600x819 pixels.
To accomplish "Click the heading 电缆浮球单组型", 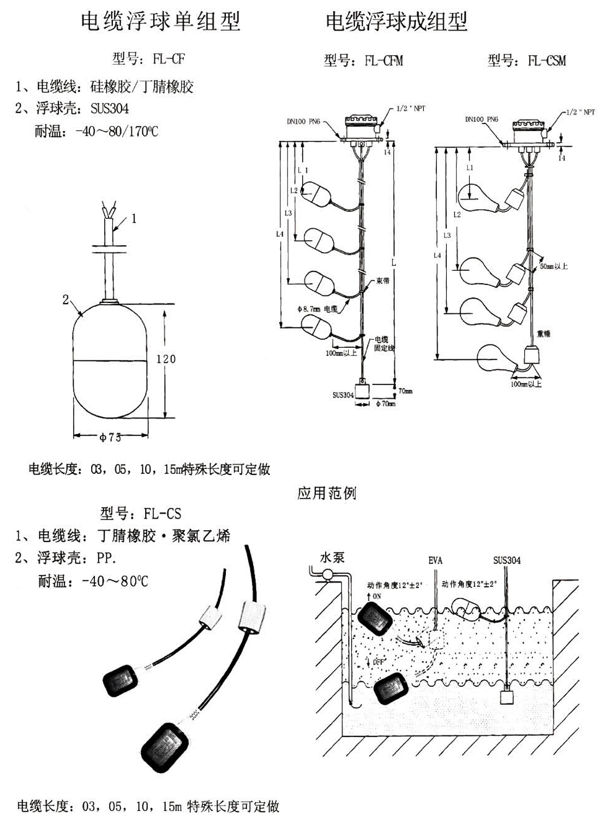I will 160,21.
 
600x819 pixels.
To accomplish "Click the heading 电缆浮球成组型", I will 397,21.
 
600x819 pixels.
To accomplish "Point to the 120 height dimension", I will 166,359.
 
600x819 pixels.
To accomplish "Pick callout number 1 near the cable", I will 134,218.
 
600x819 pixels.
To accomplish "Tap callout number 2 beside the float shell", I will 66,299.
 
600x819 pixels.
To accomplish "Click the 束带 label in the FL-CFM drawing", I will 382,281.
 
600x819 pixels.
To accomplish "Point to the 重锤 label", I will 543,333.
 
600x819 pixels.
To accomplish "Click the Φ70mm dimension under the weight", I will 386,404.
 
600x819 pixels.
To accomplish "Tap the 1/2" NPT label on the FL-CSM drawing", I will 580,112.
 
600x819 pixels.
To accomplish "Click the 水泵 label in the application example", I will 332,557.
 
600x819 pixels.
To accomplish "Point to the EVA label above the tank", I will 435,561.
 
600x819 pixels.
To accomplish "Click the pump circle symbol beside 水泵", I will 328,574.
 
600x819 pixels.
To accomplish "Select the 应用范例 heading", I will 326,494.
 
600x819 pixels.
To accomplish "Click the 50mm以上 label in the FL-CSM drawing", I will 554,266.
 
